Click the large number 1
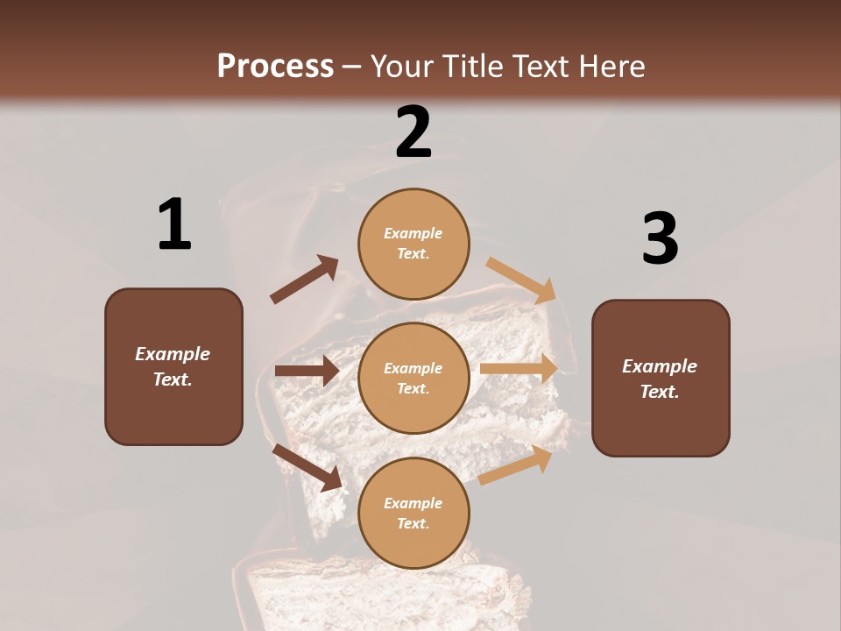coord(174,224)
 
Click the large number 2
coord(413,132)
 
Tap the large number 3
coord(660,238)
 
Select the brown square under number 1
coord(173,366)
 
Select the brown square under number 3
coord(661,378)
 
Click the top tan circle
coord(413,244)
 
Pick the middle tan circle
coord(413,378)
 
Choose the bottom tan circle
coord(413,513)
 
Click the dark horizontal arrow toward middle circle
coord(307,371)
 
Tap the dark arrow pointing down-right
coord(307,466)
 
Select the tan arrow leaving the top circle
coord(521,280)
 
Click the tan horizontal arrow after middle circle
coord(519,369)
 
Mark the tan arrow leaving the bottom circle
coord(516,465)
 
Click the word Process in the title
coord(275,66)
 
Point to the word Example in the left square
coord(173,354)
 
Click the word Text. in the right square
coord(660,392)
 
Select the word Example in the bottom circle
coord(413,503)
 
